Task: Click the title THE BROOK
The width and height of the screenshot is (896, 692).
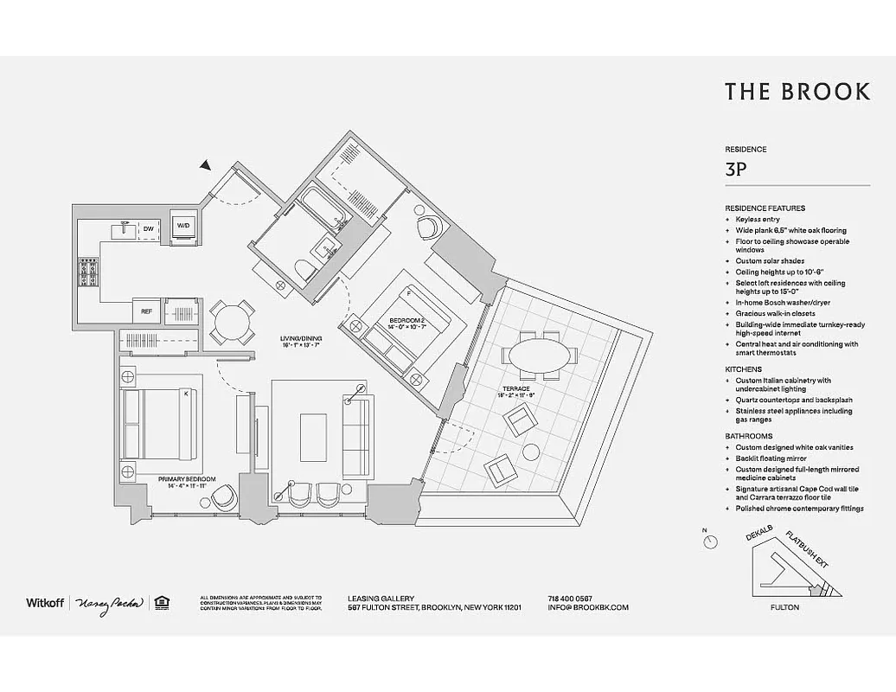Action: pos(797,92)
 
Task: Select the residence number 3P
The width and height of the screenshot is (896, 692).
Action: pos(737,170)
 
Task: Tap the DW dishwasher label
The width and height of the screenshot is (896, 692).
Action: pos(149,228)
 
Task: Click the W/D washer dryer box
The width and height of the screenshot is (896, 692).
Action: pos(183,226)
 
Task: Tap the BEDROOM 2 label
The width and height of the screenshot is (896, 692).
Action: pos(406,322)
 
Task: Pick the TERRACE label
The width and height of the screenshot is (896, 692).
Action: pos(515,389)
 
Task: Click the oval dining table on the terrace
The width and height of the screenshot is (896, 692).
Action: pos(541,355)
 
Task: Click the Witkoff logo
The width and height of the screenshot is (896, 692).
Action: pos(44,602)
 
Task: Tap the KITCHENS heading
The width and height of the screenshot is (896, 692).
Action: pos(743,369)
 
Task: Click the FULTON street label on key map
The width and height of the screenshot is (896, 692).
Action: pos(784,607)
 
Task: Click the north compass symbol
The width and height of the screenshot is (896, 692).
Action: pos(711,541)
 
